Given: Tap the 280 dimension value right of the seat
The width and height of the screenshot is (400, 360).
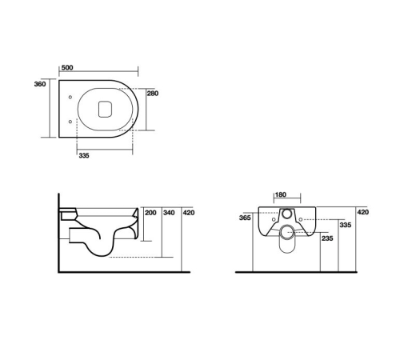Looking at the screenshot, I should pyautogui.click(x=153, y=94).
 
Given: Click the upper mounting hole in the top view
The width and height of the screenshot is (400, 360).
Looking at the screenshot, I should pyautogui.click(x=72, y=98).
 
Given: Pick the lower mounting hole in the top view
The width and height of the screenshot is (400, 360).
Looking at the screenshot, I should pyautogui.click(x=72, y=122).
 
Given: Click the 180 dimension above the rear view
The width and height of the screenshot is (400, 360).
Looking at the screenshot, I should pyautogui.click(x=281, y=194).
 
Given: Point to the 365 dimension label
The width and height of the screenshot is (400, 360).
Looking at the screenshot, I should pyautogui.click(x=245, y=217).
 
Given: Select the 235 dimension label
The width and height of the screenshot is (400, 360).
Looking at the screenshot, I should pyautogui.click(x=326, y=238).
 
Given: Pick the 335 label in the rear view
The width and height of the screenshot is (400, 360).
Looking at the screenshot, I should pyautogui.click(x=345, y=226).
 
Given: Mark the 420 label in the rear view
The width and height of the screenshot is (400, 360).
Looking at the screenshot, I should pyautogui.click(x=362, y=212).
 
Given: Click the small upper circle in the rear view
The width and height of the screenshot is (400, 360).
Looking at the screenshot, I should pyautogui.click(x=287, y=215).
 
